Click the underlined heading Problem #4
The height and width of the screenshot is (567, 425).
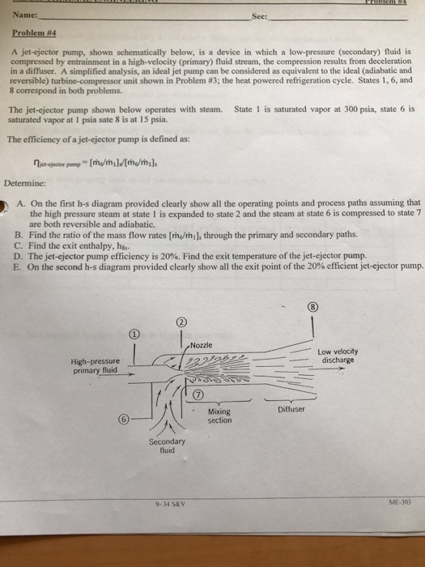tap(28, 33)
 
